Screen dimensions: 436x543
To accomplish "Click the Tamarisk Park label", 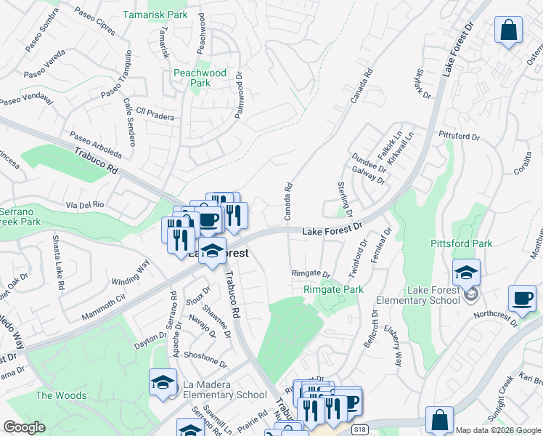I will (x=155, y=14).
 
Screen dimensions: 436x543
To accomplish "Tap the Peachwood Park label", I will (x=200, y=78).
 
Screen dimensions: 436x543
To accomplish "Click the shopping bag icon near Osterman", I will (x=509, y=31).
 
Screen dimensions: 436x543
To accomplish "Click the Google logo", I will (x=24, y=427).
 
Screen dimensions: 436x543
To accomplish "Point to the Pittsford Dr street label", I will (x=459, y=136).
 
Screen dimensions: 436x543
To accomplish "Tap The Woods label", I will (x=61, y=395).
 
